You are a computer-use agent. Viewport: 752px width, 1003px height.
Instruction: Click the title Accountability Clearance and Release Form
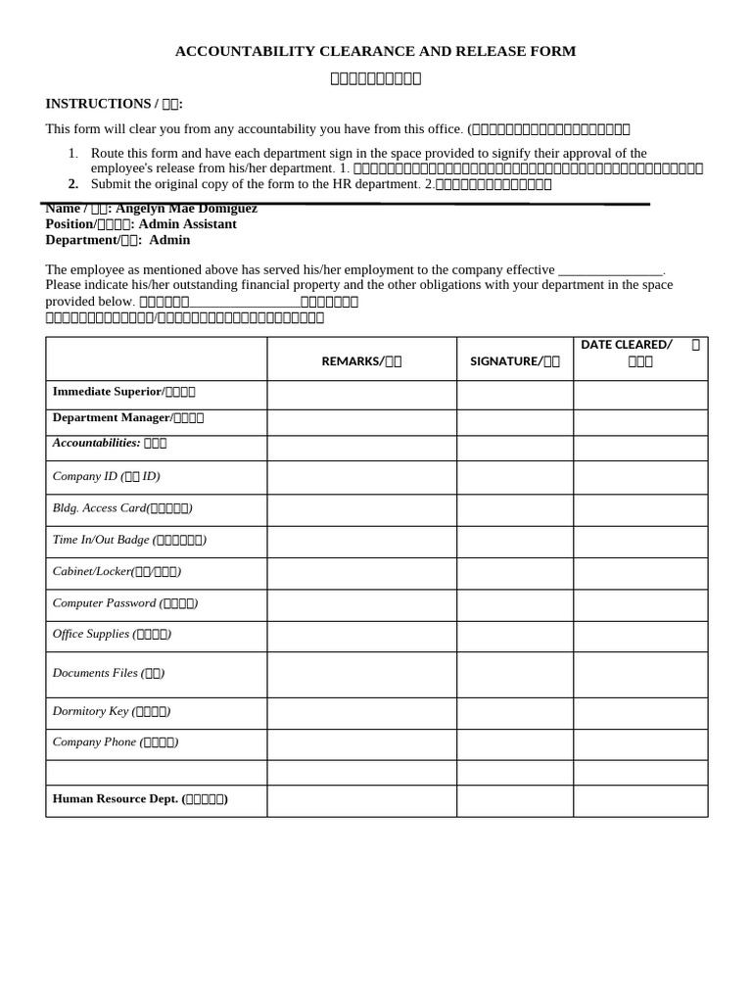pyautogui.click(x=375, y=51)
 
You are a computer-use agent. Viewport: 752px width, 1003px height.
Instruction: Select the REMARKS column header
pyautogui.click(x=361, y=360)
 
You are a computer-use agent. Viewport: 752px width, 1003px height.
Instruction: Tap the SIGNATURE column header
pyautogui.click(x=514, y=360)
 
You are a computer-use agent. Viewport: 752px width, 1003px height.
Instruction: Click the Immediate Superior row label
pyautogui.click(x=123, y=392)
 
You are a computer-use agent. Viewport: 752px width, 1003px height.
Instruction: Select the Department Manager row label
pyautogui.click(x=127, y=418)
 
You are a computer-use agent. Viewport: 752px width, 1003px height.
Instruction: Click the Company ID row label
pyautogui.click(x=106, y=477)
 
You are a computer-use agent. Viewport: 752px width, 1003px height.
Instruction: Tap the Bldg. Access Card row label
pyautogui.click(x=122, y=508)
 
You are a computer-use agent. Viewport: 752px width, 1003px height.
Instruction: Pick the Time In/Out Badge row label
pyautogui.click(x=129, y=540)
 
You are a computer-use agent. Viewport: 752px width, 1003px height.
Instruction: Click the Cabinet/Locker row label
pyautogui.click(x=117, y=571)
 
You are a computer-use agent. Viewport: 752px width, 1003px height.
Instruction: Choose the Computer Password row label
pyautogui.click(x=125, y=603)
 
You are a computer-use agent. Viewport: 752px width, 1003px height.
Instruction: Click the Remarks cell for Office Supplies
pyautogui.click(x=361, y=636)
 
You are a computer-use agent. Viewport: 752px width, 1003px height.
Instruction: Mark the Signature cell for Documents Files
pyautogui.click(x=514, y=674)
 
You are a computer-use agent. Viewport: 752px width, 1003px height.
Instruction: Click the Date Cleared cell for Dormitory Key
pyautogui.click(x=639, y=712)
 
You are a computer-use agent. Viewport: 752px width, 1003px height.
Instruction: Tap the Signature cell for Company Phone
pyautogui.click(x=514, y=743)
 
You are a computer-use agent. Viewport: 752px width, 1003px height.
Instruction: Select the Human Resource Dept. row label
pyautogui.click(x=140, y=799)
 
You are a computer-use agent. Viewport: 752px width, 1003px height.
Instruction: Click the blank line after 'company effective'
pyautogui.click(x=610, y=270)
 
